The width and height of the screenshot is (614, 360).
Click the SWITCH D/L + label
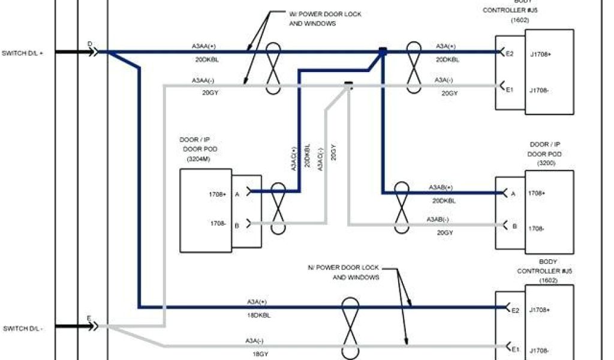[22, 52]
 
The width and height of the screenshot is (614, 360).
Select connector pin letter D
[90, 44]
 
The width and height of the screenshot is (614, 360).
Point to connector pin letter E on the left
[89, 318]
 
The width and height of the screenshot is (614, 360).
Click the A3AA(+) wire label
[204, 46]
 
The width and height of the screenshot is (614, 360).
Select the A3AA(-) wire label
[204, 80]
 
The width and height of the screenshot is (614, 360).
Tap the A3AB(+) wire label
[441, 187]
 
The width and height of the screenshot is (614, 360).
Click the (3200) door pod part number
[546, 163]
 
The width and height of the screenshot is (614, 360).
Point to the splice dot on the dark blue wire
[383, 52]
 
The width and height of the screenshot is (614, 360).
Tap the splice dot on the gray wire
[348, 85]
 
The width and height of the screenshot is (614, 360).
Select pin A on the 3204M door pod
[237, 194]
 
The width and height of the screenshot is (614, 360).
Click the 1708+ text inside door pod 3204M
[218, 194]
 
